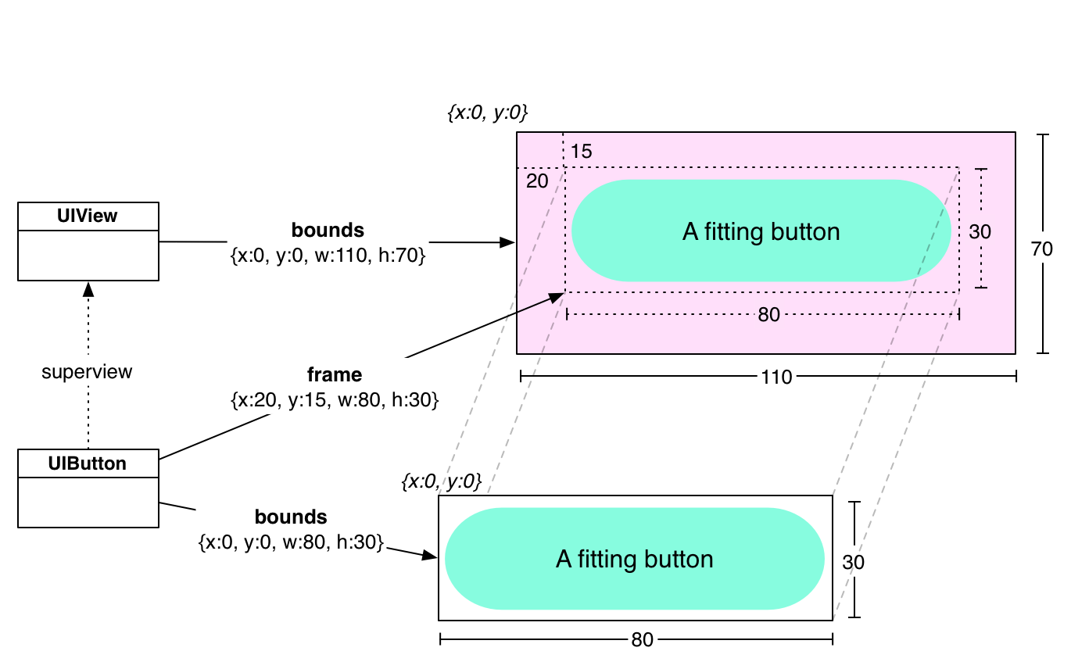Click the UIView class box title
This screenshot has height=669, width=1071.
point(88,216)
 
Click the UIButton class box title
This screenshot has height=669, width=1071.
point(88,463)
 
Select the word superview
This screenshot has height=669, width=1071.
point(87,372)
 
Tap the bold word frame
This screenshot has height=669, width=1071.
point(335,374)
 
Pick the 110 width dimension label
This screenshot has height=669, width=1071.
point(775,377)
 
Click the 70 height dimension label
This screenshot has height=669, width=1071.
point(1042,249)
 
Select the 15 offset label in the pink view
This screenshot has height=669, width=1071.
point(581,152)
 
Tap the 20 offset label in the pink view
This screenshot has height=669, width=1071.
point(537,181)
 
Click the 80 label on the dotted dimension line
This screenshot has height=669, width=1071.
point(768,314)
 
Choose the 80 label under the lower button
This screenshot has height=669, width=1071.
point(642,640)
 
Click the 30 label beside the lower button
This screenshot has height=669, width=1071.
point(854,562)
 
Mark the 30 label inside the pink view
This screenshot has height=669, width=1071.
point(980,231)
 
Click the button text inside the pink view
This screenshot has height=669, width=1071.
point(761,231)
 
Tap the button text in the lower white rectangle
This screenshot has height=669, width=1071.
point(634,560)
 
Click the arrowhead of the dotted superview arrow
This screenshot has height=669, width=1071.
point(88,288)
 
